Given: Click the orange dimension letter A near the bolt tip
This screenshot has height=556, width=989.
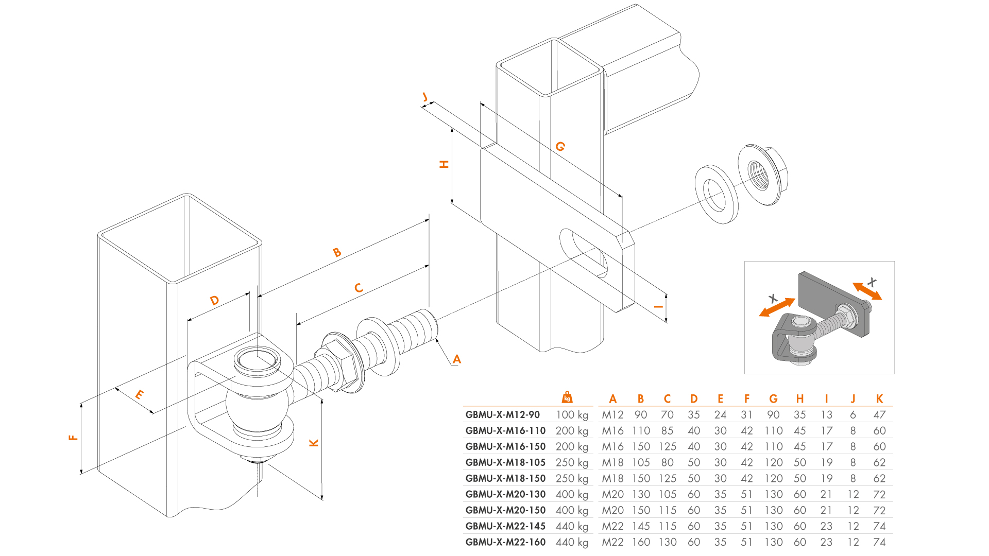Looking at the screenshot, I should point(456,359).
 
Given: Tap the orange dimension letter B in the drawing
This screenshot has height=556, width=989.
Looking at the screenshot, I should point(337,252).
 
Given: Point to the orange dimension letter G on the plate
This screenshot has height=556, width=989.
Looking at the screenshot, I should point(560,147).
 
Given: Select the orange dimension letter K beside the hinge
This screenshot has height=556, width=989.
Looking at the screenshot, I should point(314,443).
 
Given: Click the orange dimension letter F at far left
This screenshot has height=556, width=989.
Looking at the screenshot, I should point(73,438).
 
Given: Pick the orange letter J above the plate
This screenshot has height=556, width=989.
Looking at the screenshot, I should point(425,97).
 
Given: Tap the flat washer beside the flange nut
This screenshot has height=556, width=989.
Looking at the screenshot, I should point(716,194).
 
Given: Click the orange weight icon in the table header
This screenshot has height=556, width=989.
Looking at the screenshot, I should point(567,397).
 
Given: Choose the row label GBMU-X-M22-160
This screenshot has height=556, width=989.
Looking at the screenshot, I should point(505,542).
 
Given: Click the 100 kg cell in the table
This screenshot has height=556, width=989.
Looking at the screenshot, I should point(572,415).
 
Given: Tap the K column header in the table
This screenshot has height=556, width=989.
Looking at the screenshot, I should point(879,399).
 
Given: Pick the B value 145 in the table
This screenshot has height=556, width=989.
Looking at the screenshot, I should point(641,526).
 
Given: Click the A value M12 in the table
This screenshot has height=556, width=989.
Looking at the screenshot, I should point(612,415).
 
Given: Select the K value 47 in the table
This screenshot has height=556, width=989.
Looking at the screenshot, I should point(879,415).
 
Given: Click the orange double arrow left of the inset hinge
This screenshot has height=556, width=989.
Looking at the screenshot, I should point(777,307).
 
